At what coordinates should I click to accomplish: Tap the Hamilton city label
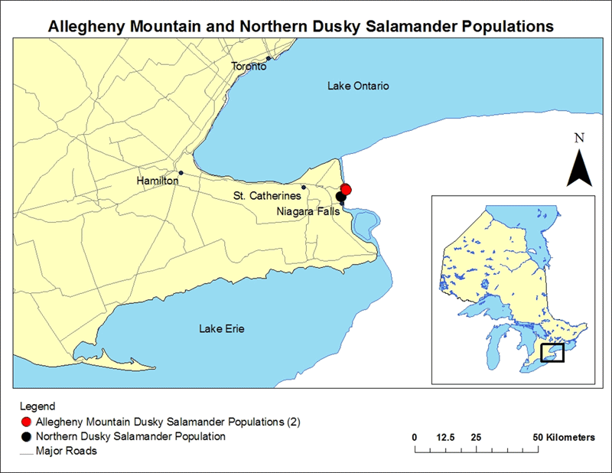point(157,181)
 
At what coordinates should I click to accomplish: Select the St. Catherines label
point(267,197)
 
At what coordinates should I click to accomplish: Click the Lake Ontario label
point(358,86)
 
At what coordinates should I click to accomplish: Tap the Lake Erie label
point(222,329)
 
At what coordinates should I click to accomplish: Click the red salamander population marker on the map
point(346,189)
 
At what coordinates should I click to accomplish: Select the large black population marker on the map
point(341,197)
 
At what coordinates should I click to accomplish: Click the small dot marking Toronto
point(269,58)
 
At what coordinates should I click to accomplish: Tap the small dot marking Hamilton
point(181,173)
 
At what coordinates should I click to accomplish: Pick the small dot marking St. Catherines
point(304,187)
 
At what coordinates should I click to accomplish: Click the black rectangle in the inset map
point(552,352)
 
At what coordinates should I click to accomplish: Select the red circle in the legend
point(27,422)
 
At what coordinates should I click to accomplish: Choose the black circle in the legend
point(27,436)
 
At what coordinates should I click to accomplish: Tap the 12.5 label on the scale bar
point(445,437)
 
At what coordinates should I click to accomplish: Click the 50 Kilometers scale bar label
point(565,437)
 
